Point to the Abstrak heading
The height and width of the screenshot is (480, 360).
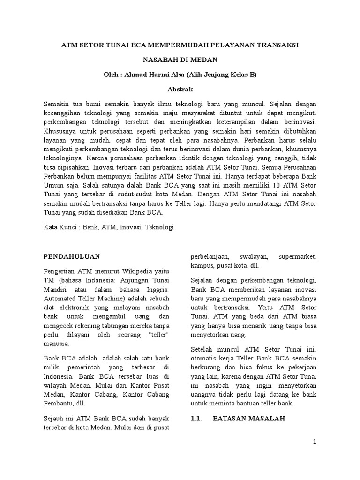point(180,89)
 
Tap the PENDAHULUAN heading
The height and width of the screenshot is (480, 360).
point(71,256)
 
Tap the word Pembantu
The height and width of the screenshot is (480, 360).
point(59,402)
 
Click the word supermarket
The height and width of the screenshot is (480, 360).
point(297,257)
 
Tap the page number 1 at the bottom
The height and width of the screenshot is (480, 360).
point(315,442)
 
